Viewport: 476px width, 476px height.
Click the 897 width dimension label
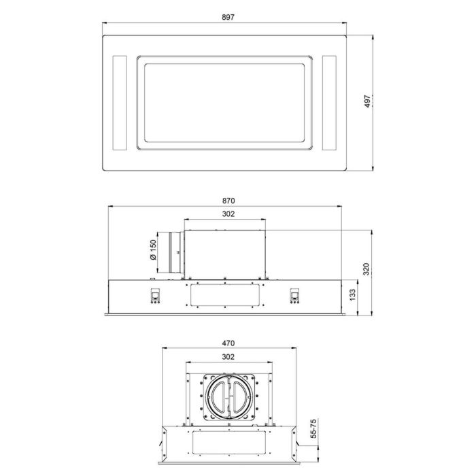pyautogui.click(x=228, y=18)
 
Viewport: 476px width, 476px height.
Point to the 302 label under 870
pyautogui.click(x=228, y=214)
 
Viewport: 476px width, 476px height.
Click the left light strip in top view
pyautogui.click(x=118, y=102)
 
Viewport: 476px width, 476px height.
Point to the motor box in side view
pyautogui.click(x=224, y=253)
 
